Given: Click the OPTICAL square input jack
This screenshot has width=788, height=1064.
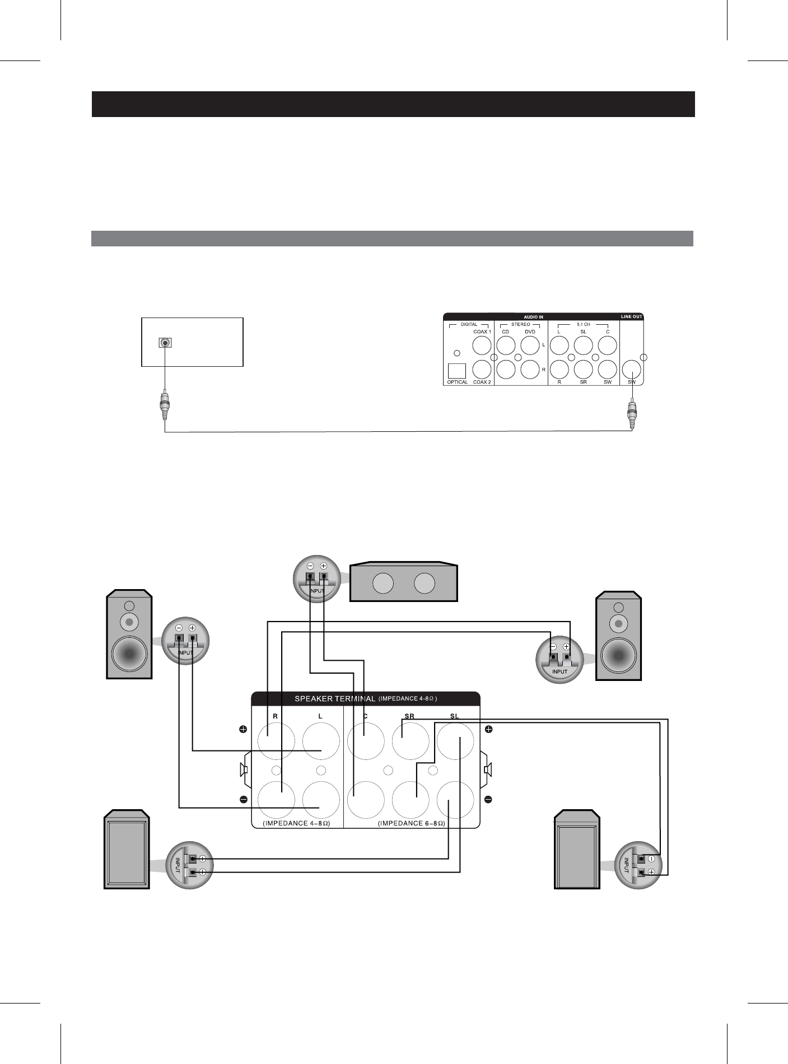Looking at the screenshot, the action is pyautogui.click(x=457, y=371).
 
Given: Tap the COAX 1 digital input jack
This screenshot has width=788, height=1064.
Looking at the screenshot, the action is pyautogui.click(x=482, y=345).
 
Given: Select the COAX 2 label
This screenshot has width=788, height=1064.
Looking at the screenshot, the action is pyautogui.click(x=482, y=382).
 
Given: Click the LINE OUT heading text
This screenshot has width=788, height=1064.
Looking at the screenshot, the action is pyautogui.click(x=631, y=317).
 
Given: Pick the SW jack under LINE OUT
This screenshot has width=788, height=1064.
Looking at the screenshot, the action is pyautogui.click(x=632, y=369).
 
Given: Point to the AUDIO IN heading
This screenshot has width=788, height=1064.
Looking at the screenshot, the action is pyautogui.click(x=533, y=317).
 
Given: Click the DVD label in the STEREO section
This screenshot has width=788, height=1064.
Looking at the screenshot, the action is pyautogui.click(x=530, y=332).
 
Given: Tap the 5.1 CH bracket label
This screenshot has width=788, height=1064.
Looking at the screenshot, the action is pyautogui.click(x=584, y=324).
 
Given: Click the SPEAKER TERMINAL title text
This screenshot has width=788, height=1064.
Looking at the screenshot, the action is pyautogui.click(x=335, y=699).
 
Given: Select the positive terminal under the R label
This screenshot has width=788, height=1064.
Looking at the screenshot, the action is pyautogui.click(x=276, y=741).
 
